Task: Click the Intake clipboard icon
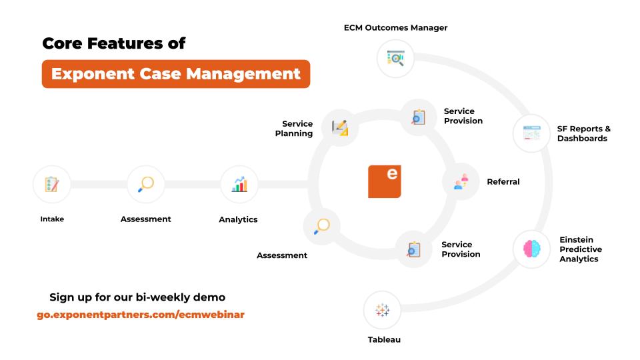pyautogui.click(x=52, y=185)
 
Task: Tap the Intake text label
pyautogui.click(x=52, y=219)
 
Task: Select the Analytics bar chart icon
pyautogui.click(x=239, y=185)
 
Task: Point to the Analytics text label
pyautogui.click(x=238, y=219)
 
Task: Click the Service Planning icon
pyautogui.click(x=339, y=128)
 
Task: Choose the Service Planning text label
pyautogui.click(x=294, y=129)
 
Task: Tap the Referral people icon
pyautogui.click(x=461, y=181)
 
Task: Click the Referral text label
pyautogui.click(x=503, y=181)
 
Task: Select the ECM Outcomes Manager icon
pyautogui.click(x=395, y=59)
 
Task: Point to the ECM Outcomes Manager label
pyautogui.click(x=395, y=28)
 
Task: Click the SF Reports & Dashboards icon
pyautogui.click(x=531, y=133)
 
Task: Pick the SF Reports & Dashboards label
pyautogui.click(x=584, y=133)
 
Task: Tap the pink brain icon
pyautogui.click(x=532, y=249)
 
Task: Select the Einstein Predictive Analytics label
pyautogui.click(x=581, y=249)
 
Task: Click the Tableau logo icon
pyautogui.click(x=383, y=310)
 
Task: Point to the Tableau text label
pyautogui.click(x=384, y=339)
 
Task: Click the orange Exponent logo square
pyautogui.click(x=385, y=181)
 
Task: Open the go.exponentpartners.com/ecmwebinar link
pyautogui.click(x=141, y=315)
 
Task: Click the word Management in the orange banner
pyautogui.click(x=243, y=74)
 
